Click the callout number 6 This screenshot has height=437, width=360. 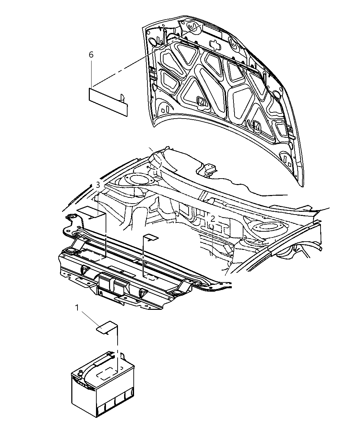pos(91,54)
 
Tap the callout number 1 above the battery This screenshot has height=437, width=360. pos(77,308)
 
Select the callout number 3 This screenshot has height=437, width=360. pos(98,185)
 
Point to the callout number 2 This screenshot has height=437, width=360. pos(213,218)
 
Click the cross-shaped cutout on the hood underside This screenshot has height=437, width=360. pos(214,45)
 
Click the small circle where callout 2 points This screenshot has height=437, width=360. pos(212,227)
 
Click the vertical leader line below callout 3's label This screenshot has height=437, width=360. pos(106,236)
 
